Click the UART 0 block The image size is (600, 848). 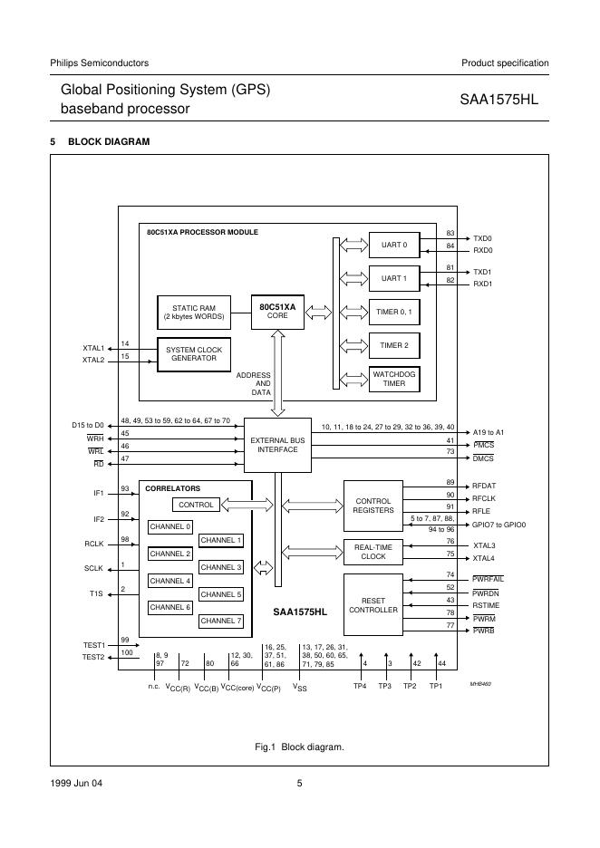click(394, 245)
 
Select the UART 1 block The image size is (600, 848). click(394, 277)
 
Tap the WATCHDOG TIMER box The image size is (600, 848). click(394, 379)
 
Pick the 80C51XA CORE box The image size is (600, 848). click(277, 312)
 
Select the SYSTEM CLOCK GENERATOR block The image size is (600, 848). click(193, 353)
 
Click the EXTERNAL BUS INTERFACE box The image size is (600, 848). click(277, 444)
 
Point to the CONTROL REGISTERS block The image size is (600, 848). click(373, 506)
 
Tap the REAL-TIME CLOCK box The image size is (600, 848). click(373, 551)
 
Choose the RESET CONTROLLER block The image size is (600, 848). click(373, 605)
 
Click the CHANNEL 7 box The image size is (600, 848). click(221, 621)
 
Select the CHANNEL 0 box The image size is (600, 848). click(170, 526)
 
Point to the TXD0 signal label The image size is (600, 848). click(482, 238)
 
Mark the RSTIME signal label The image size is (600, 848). click(485, 604)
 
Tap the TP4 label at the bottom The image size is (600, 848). click(360, 687)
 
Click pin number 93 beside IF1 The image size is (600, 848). click(125, 489)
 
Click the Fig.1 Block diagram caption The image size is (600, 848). click(299, 747)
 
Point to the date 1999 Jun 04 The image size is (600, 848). click(77, 784)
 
